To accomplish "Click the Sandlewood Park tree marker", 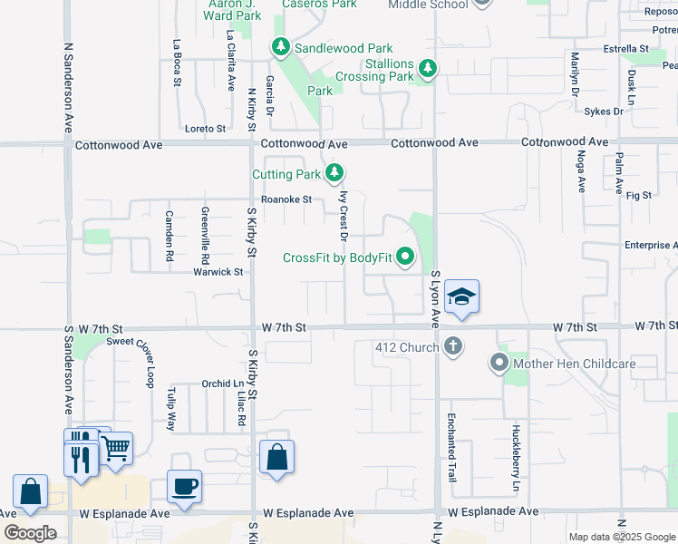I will coord(281,47).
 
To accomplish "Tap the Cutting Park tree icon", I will coord(335,172).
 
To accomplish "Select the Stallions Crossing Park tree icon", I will coord(427,68).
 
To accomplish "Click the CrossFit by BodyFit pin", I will coord(404,258).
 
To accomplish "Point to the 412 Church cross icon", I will coord(453,346).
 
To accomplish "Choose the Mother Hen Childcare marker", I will coord(499,364).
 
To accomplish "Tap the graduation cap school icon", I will coord(461,296).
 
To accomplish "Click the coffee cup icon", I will coord(184,485).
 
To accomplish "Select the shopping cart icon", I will coord(115,447).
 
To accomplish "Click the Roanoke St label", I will coord(286,199).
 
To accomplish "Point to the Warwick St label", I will coord(218,271).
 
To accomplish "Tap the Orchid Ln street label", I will coord(217,384).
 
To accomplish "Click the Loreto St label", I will coord(205,129).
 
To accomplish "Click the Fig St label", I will coord(639,195).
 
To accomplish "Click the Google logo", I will coord(30,533).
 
